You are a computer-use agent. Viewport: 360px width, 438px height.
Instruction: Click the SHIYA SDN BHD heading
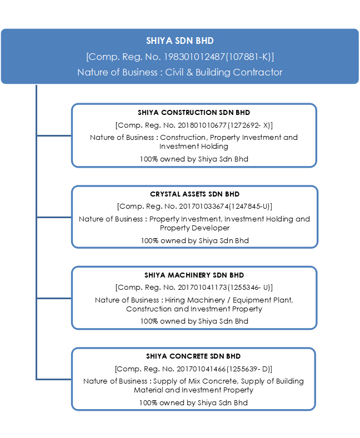pos(179,41)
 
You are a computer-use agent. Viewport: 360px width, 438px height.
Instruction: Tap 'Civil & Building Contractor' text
pos(223,72)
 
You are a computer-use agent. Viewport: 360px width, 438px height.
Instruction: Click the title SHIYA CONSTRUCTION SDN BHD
pos(194,113)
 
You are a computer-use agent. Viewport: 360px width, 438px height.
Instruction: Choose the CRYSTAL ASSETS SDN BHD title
pos(195,194)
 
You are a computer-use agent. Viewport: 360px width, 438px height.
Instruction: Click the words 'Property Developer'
pos(194,228)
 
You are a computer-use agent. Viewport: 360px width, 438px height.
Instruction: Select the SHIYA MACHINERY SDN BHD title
pos(194,275)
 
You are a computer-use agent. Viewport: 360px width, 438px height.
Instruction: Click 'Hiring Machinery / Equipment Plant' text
pos(228,300)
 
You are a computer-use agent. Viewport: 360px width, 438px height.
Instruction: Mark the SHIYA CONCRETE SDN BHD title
pos(193,356)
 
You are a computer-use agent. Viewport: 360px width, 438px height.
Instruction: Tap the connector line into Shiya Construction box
pos(54,136)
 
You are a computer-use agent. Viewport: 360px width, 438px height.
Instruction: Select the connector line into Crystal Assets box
pos(54,217)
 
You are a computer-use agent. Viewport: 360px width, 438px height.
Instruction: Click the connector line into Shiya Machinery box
pos(54,298)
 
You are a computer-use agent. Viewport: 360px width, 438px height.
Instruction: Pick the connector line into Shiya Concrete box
pos(54,379)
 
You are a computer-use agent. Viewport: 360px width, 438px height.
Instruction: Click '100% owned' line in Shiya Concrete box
pos(193,403)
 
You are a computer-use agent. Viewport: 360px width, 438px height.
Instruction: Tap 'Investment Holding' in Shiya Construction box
pos(194,147)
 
